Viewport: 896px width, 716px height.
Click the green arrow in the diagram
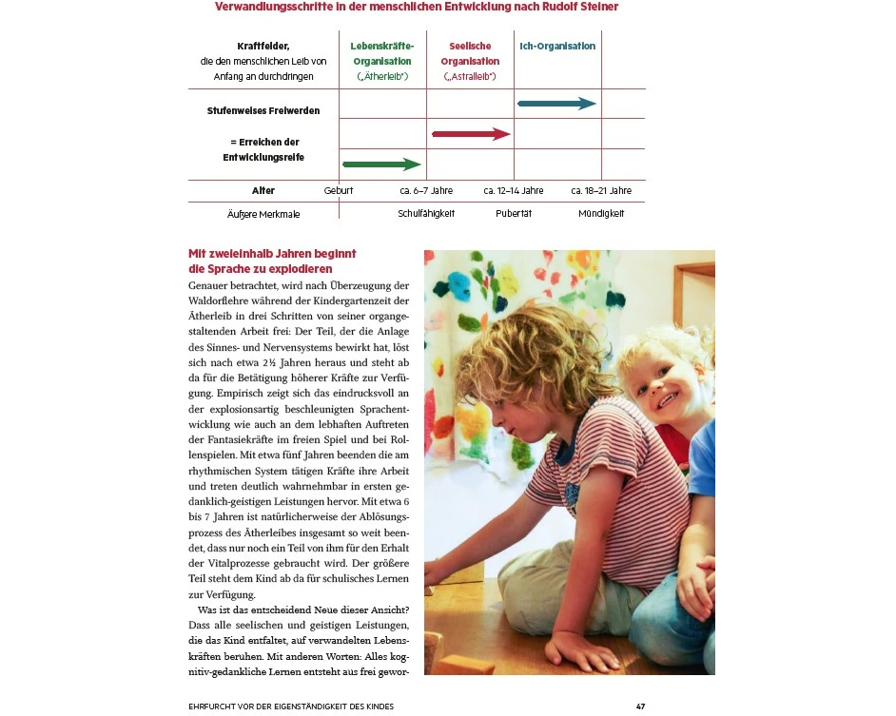pyautogui.click(x=381, y=164)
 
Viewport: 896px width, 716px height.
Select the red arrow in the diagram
pyautogui.click(x=471, y=134)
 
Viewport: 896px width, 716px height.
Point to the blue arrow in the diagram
pyautogui.click(x=556, y=104)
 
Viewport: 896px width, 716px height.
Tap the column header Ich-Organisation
pyautogui.click(x=557, y=47)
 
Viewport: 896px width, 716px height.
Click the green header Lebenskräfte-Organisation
pyautogui.click(x=381, y=53)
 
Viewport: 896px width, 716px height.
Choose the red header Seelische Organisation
pyautogui.click(x=470, y=53)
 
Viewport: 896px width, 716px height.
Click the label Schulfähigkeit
pyautogui.click(x=426, y=214)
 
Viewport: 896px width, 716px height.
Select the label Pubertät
pyautogui.click(x=514, y=214)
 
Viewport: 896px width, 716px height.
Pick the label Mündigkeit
pyautogui.click(x=601, y=214)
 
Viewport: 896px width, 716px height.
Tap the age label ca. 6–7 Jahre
pyautogui.click(x=426, y=191)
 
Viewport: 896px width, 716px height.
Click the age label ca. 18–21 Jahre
pyautogui.click(x=601, y=191)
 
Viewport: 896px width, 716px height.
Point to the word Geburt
pyautogui.click(x=339, y=191)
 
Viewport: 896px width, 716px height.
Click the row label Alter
pyautogui.click(x=263, y=191)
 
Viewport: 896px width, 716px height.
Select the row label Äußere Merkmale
pyautogui.click(x=263, y=215)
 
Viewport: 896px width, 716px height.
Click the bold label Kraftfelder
pyautogui.click(x=263, y=47)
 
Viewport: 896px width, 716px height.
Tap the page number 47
pyautogui.click(x=641, y=706)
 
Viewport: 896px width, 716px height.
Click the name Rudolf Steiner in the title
pyautogui.click(x=580, y=7)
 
